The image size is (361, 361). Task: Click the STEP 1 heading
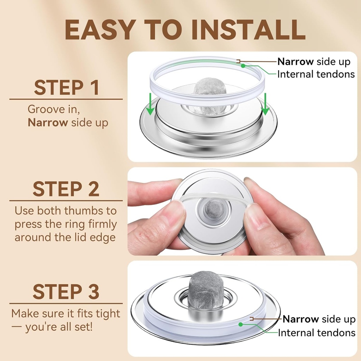(67, 87)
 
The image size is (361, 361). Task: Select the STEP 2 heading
(66, 189)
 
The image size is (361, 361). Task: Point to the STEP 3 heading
(66, 292)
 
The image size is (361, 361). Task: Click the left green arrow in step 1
(150, 104)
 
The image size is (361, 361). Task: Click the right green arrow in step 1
(265, 104)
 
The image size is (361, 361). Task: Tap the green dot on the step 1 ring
(243, 66)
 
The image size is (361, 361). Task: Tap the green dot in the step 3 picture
(240, 324)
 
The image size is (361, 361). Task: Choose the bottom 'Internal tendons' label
(317, 333)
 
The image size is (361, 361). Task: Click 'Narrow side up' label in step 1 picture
(314, 62)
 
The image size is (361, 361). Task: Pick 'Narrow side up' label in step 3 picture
(319, 319)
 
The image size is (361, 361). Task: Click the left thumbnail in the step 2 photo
(179, 206)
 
